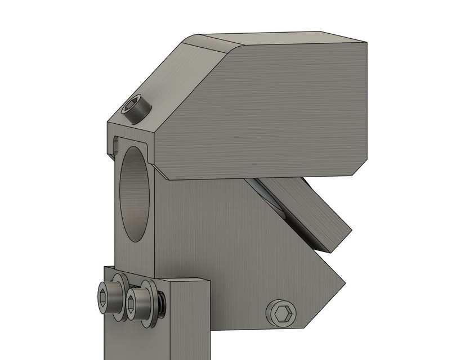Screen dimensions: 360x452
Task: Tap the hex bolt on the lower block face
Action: click(280, 313)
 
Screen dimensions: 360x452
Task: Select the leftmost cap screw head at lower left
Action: click(108, 298)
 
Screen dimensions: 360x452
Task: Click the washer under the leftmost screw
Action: click(120, 298)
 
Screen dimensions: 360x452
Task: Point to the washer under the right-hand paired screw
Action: click(150, 304)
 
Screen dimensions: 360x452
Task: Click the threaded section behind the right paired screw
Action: click(162, 304)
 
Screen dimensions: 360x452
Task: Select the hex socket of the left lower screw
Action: click(102, 297)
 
